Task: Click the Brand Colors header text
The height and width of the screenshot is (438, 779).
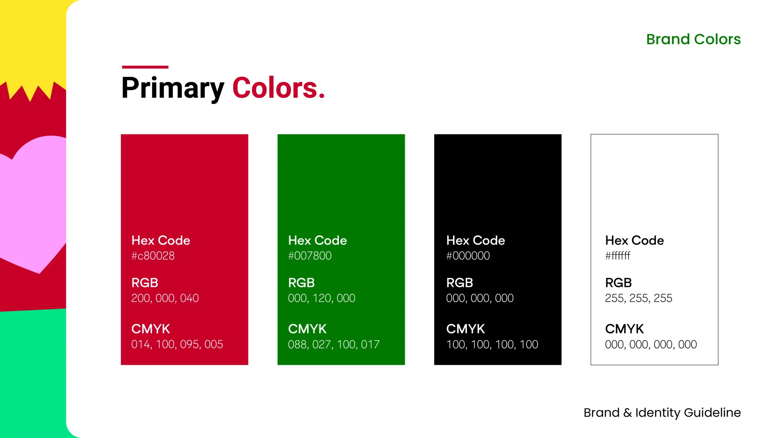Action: pos(693,39)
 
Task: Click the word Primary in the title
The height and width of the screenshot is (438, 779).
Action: pos(173,88)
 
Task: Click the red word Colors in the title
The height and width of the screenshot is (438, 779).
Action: pos(278,88)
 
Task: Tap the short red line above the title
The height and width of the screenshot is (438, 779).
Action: pos(145,67)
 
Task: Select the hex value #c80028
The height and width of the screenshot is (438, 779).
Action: pos(153,256)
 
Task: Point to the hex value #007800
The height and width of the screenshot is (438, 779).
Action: pos(310,256)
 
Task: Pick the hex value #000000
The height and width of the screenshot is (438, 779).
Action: pos(468,256)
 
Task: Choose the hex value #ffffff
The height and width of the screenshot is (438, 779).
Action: pos(617,256)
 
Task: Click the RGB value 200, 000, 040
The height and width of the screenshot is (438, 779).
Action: pos(165,298)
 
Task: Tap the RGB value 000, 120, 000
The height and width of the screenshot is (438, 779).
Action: pos(322,298)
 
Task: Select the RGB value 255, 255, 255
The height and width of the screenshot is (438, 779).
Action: pos(638,298)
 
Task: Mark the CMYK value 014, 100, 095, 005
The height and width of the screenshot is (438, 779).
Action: pos(177,344)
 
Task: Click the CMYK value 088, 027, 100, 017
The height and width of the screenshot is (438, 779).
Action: pos(334,344)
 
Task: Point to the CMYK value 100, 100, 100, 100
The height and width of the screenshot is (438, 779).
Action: pos(492,344)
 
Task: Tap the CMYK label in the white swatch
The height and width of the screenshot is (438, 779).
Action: pos(624,329)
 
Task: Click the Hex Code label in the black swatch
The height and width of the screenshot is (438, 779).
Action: pos(476,240)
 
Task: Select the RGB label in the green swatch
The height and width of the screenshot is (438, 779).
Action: pos(301,283)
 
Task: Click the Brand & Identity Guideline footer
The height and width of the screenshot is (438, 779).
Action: pos(662,413)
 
